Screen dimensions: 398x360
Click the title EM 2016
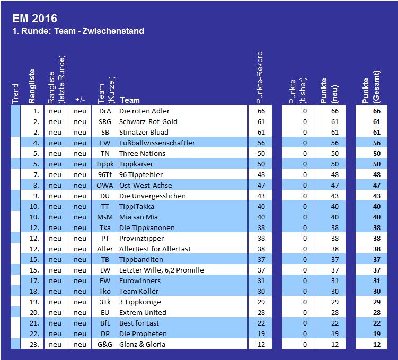35,19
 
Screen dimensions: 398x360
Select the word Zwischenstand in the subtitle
113,31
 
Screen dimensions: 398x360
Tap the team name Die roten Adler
144,111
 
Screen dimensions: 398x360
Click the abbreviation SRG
105,121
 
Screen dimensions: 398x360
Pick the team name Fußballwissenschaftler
157,143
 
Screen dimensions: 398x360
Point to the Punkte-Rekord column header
259,77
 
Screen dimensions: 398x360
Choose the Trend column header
15,94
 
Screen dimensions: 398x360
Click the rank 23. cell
34,344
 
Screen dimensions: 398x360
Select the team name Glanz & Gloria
142,344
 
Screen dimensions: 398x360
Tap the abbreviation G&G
105,344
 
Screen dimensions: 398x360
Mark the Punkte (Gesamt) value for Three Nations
377,153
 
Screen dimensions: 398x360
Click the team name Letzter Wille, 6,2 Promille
162,270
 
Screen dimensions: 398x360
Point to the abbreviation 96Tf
105,174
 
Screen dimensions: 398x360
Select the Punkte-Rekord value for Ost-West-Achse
261,186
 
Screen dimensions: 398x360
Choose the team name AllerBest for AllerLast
155,249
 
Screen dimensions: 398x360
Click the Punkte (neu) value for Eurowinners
335,281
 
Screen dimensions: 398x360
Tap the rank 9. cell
36,196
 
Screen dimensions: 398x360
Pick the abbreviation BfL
105,323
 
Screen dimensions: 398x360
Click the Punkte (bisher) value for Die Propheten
305,334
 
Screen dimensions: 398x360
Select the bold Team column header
130,100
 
